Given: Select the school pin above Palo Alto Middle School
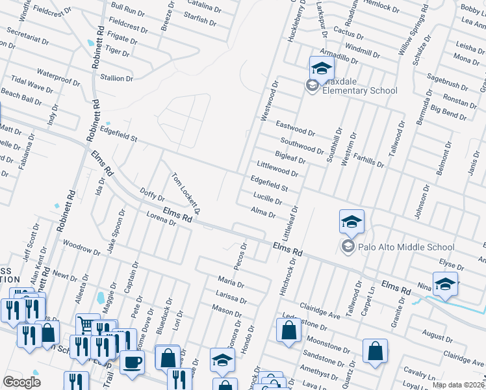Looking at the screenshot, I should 351,222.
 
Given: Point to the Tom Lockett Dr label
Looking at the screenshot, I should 186,193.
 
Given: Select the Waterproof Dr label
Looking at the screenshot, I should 58,77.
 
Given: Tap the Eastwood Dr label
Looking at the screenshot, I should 295,128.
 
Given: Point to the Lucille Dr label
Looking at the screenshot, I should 267,198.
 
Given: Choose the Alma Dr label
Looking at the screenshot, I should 262,213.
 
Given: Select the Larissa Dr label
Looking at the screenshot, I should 230,297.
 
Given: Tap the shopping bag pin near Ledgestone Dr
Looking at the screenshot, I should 288,330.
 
